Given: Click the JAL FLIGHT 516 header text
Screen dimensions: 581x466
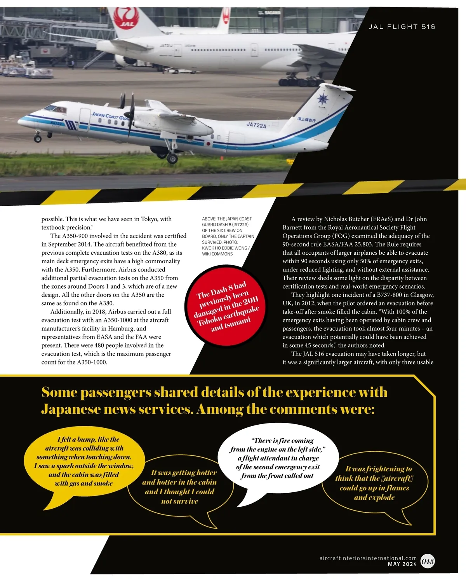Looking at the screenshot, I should [x=402, y=27].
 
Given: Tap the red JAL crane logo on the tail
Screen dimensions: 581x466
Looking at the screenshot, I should [x=126, y=19].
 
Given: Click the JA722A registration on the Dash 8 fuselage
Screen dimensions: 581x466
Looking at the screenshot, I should [x=256, y=125].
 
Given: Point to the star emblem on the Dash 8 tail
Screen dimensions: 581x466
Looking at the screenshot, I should [x=323, y=99].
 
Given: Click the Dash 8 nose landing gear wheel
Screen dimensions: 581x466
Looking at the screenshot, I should [x=38, y=139].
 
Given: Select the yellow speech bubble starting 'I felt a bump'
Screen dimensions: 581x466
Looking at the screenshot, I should [x=84, y=461].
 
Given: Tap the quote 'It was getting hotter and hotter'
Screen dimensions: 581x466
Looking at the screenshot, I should [x=179, y=486].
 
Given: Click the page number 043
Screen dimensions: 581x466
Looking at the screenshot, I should [x=428, y=561].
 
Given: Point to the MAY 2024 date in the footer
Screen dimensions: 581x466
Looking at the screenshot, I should [x=402, y=564].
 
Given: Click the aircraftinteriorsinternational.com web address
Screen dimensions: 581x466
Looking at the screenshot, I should [x=368, y=558].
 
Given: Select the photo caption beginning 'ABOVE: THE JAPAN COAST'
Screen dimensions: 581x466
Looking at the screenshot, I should [x=228, y=236].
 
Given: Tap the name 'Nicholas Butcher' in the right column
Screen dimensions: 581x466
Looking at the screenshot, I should [x=346, y=219].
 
